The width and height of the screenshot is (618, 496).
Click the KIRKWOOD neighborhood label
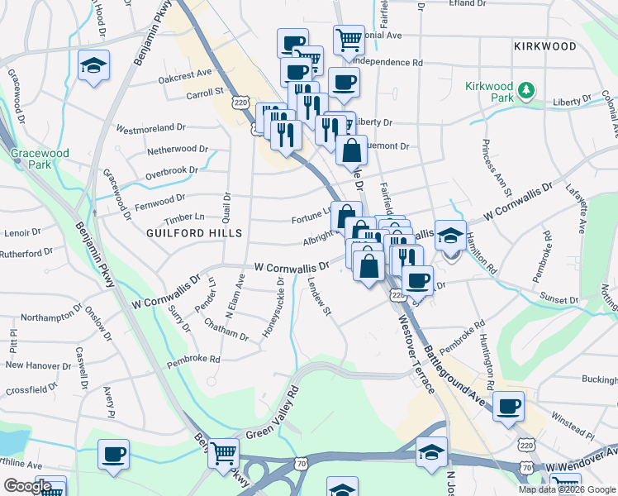pos(543,46)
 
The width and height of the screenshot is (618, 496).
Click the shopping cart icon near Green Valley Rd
pos(223,452)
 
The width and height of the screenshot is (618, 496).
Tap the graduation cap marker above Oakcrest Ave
pos(93,65)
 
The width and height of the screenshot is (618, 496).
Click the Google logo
pos(27,486)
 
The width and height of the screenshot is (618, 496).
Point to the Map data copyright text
pos(567,489)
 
